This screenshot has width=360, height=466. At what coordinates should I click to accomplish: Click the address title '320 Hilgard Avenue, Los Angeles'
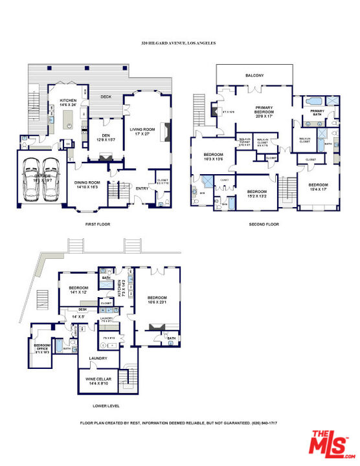[178, 43]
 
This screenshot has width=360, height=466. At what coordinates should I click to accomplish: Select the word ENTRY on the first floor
[142, 188]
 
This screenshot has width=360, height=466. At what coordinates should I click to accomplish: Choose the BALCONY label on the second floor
[254, 76]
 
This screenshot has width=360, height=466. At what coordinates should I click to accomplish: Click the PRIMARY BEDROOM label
[264, 111]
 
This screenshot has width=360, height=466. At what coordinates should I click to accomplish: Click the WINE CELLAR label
[100, 381]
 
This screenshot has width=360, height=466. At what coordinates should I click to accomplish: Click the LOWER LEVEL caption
[106, 406]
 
